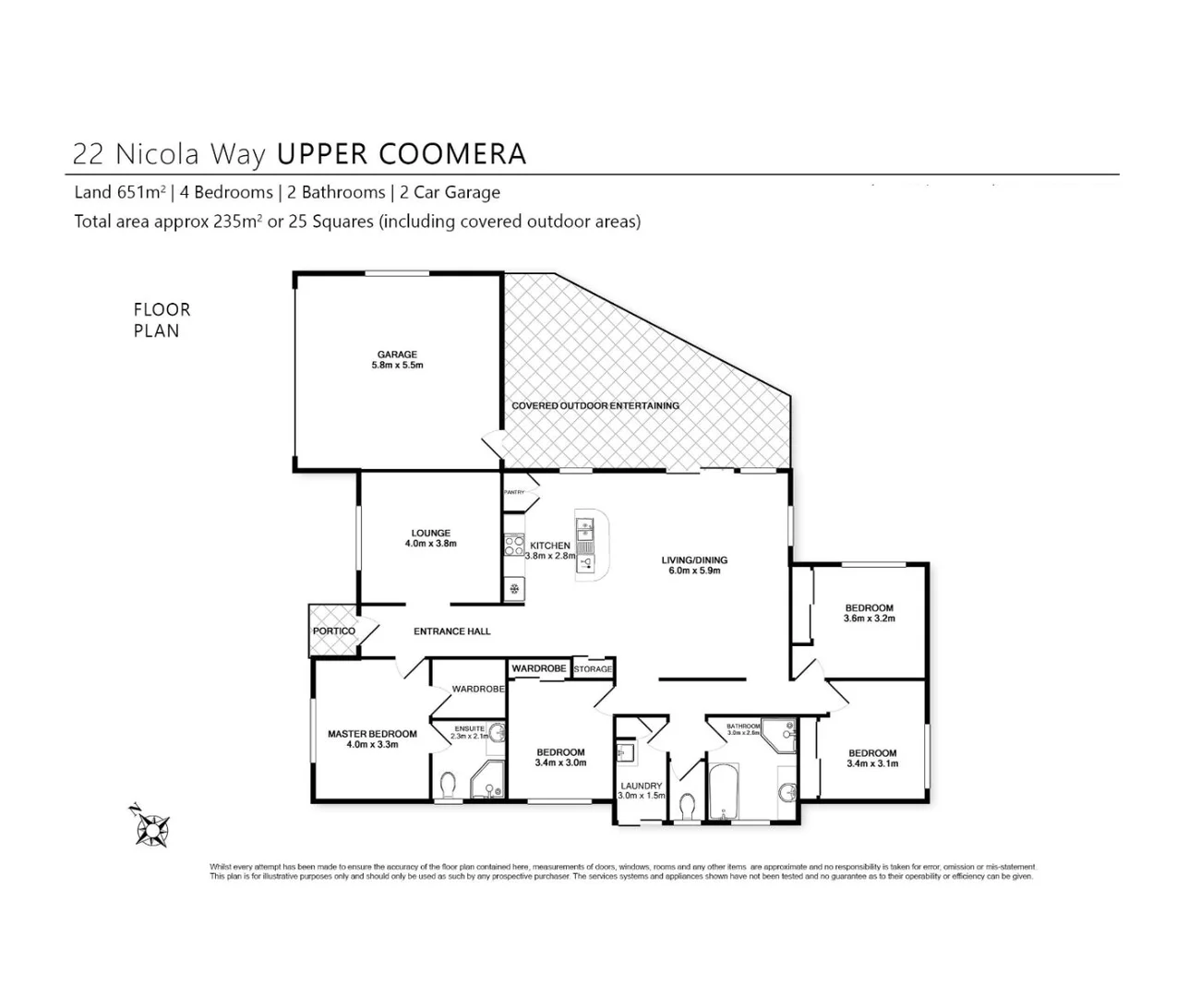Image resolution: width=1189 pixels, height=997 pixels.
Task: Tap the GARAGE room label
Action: coord(397,360)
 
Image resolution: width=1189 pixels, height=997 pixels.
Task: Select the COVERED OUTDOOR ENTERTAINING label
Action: coord(595,405)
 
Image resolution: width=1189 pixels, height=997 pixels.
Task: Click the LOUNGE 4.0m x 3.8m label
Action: coord(430,538)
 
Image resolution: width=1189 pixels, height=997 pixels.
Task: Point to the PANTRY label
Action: coord(514,492)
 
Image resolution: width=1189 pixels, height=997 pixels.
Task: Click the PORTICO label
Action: coord(333,631)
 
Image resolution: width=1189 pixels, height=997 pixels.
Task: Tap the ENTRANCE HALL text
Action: coord(451,631)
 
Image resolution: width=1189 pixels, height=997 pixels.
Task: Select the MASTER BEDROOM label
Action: coord(372,739)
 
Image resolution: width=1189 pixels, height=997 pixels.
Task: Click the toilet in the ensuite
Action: coord(448,787)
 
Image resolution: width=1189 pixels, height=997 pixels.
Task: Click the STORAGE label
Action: coord(593,669)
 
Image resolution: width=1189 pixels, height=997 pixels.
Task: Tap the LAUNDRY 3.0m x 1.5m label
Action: coord(641,790)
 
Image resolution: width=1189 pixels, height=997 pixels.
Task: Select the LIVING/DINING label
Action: coord(694,565)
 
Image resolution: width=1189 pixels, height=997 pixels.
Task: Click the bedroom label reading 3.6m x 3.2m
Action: coord(869,613)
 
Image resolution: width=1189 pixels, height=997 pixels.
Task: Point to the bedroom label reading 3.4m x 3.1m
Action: coord(872,758)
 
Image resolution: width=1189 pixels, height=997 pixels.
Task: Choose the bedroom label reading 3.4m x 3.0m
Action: coord(560,757)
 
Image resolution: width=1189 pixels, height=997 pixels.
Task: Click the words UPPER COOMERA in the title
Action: coord(402,153)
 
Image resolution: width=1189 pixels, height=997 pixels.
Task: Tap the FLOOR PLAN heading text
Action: coord(162,320)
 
